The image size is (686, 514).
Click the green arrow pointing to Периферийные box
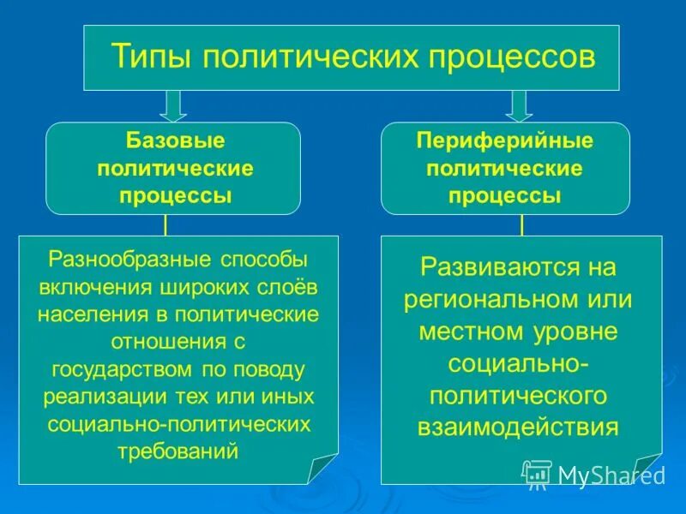pos(518,105)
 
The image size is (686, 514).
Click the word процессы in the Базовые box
pos(175,195)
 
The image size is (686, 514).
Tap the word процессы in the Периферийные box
pos(505,195)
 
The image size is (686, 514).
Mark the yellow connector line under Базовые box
pos(165,225)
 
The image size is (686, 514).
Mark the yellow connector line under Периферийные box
pos(521,225)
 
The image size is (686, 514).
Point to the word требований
pos(178,451)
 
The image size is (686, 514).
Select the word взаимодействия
pos(518,427)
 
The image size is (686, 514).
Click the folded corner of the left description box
pos(323,469)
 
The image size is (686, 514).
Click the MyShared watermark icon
pos(537,473)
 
